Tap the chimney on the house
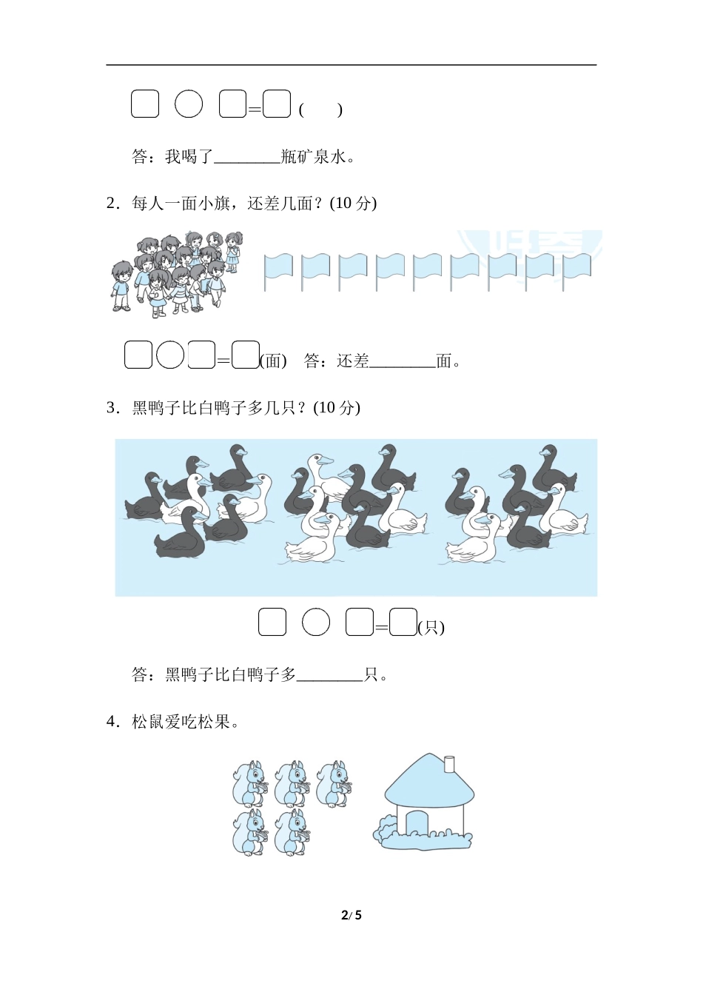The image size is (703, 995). tap(449, 763)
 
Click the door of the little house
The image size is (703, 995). tap(416, 822)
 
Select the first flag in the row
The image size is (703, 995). tap(278, 272)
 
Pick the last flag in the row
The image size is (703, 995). tap(577, 272)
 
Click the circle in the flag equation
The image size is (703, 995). tap(170, 355)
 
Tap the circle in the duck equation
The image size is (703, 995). tap(316, 621)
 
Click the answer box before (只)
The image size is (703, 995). tap(403, 622)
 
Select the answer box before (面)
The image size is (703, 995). tap(246, 355)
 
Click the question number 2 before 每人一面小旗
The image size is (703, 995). tap(110, 204)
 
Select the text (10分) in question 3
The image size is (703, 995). tap(336, 408)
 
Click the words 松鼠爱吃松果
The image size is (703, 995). tap(181, 722)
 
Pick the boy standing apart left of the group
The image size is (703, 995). tap(121, 286)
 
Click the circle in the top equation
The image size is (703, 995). tap(189, 104)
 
